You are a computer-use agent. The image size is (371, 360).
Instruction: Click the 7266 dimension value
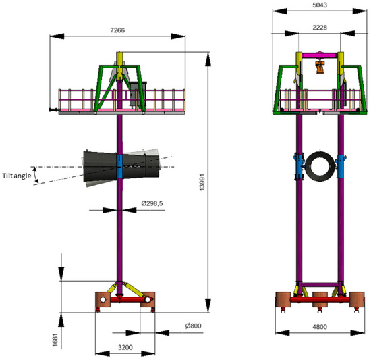point(117,30)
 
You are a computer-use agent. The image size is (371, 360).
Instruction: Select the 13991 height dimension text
point(202,182)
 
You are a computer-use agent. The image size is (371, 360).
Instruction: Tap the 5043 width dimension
point(320,5)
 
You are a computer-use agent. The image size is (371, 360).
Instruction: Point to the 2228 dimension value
point(320,28)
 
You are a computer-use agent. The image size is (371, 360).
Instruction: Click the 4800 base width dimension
point(320,327)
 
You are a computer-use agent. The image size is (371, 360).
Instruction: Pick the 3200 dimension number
point(125,347)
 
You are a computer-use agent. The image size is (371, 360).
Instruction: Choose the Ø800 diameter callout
point(193,326)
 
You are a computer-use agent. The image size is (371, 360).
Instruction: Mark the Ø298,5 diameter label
point(152,203)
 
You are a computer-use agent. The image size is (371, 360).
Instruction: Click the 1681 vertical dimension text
point(55,340)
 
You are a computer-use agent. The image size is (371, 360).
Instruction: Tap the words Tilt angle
point(17,176)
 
